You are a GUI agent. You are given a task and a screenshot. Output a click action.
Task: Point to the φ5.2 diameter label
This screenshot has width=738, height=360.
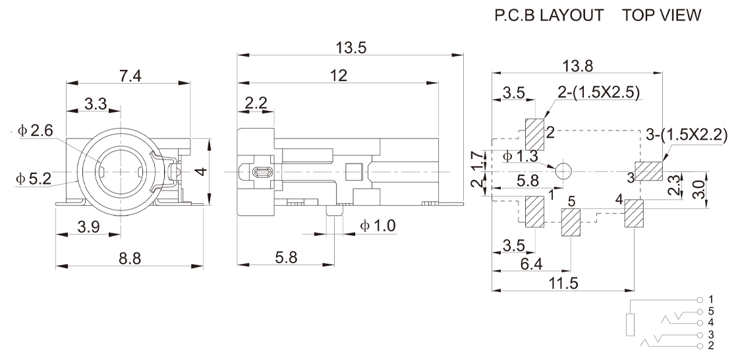[x=33, y=178]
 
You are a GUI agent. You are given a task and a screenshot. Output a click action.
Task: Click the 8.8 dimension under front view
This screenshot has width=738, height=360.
[x=129, y=258]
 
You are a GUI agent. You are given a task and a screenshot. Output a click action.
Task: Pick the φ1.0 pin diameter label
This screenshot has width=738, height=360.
[x=378, y=226]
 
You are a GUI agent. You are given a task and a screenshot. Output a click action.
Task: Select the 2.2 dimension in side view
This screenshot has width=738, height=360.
[x=256, y=104]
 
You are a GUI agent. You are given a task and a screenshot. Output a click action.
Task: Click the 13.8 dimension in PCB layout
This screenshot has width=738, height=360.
[x=577, y=65]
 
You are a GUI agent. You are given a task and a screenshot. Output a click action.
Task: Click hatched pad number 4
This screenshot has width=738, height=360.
[x=634, y=214]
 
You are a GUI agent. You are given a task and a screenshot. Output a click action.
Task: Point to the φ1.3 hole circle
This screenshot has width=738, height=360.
[x=564, y=170]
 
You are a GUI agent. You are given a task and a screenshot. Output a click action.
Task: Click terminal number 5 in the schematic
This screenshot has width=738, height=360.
[x=711, y=311]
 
